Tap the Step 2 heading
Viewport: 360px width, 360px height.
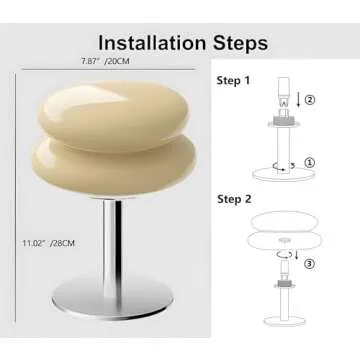pos(235,199)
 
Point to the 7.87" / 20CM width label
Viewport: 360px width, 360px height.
pos(106,62)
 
